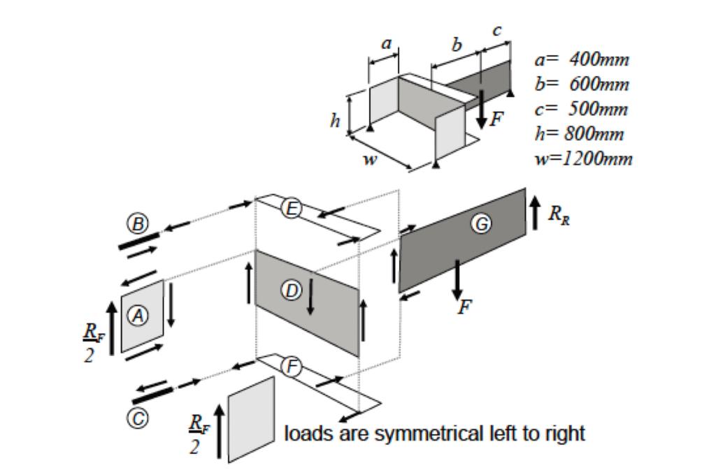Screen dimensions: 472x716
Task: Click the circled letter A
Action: [140, 316]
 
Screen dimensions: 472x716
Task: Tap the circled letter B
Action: [137, 223]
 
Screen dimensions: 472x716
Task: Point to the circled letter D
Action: [291, 290]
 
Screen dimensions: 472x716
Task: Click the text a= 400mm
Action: [582, 59]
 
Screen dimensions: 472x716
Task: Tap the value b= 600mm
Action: [582, 84]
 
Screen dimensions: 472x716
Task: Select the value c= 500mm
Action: [581, 110]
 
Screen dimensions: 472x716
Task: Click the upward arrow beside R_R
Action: [535, 212]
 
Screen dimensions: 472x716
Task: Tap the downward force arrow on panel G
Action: [457, 280]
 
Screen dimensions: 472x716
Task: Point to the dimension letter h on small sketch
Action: [336, 121]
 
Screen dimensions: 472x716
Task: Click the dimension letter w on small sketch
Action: [369, 160]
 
